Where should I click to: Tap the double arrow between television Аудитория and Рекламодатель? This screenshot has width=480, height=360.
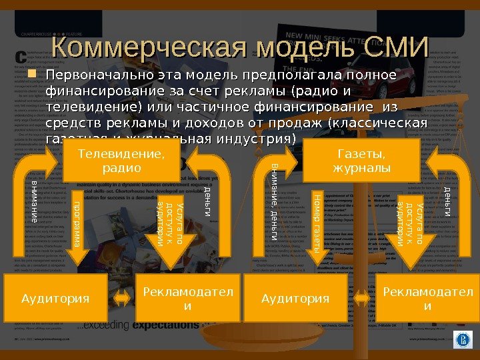[123, 298]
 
